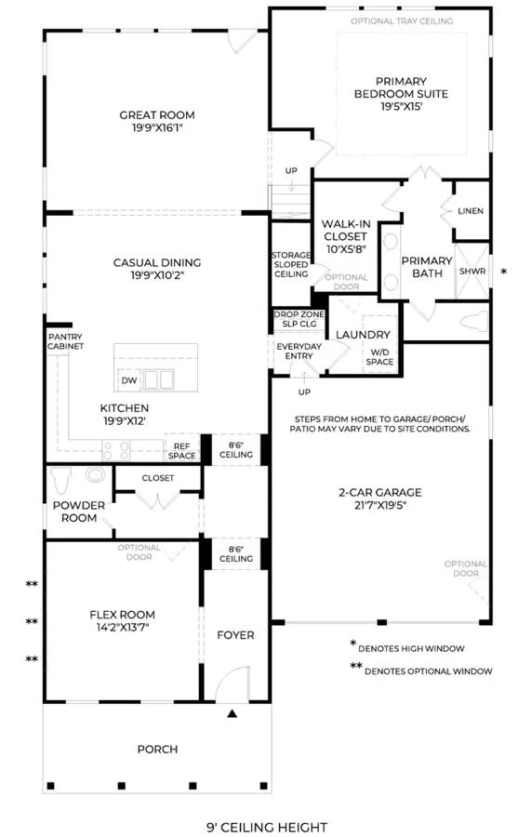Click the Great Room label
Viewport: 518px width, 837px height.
[157, 114]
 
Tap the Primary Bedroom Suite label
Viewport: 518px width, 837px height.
[401, 87]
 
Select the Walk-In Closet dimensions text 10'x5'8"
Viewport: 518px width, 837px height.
[346, 248]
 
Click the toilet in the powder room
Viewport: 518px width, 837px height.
[62, 481]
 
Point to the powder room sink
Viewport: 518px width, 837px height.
[96, 475]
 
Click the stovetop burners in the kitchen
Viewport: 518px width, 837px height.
[116, 450]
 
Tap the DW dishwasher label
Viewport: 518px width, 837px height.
[129, 380]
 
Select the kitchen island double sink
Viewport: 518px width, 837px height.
[159, 379]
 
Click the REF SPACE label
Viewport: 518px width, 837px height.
[181, 451]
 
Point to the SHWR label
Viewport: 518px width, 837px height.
[472, 272]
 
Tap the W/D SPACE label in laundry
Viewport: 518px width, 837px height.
[379, 357]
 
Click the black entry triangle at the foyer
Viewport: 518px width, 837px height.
[232, 713]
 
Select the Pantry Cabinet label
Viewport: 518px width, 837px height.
[65, 341]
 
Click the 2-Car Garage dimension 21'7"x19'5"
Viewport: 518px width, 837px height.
[380, 505]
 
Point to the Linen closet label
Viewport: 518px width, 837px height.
[471, 211]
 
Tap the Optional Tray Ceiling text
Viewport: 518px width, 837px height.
[402, 20]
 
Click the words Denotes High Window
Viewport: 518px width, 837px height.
[411, 648]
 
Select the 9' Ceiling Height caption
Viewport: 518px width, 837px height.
[267, 828]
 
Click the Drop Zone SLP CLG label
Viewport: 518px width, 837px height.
[299, 319]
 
